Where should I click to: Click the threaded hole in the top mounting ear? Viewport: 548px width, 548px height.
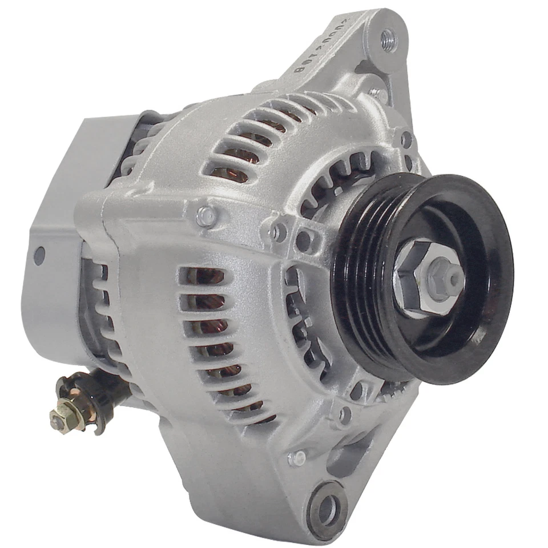pos(388,40)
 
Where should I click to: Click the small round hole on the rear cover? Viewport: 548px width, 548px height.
pos(39,255)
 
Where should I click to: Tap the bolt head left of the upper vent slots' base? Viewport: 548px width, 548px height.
pos(206,215)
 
